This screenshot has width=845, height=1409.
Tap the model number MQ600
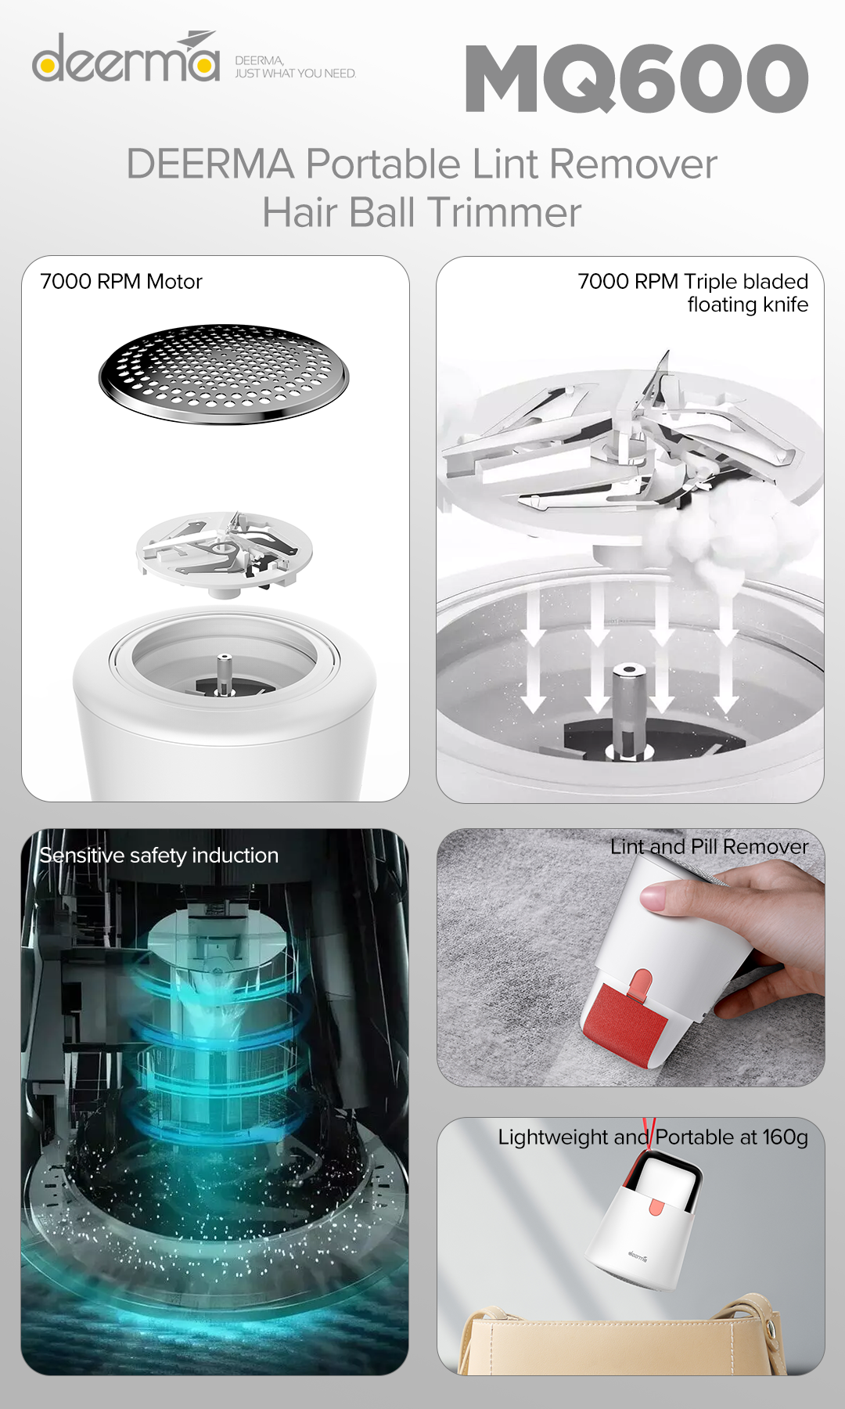click(x=637, y=78)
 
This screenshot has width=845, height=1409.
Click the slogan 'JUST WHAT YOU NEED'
click(x=296, y=74)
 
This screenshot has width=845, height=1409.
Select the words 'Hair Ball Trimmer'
click(x=422, y=212)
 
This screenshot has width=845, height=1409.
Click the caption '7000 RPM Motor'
click(x=121, y=282)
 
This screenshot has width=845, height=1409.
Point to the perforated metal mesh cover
click(x=224, y=374)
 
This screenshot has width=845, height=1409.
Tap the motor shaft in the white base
click(x=224, y=674)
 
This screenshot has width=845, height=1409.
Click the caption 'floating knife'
click(x=748, y=305)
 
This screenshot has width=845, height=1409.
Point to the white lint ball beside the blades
click(x=716, y=532)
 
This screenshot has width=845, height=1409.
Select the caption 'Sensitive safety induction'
click(x=159, y=856)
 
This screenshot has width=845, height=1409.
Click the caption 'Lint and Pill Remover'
click(x=709, y=847)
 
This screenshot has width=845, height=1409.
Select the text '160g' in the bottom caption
click(x=785, y=1137)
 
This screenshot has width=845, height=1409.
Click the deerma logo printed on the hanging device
click(x=637, y=1257)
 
